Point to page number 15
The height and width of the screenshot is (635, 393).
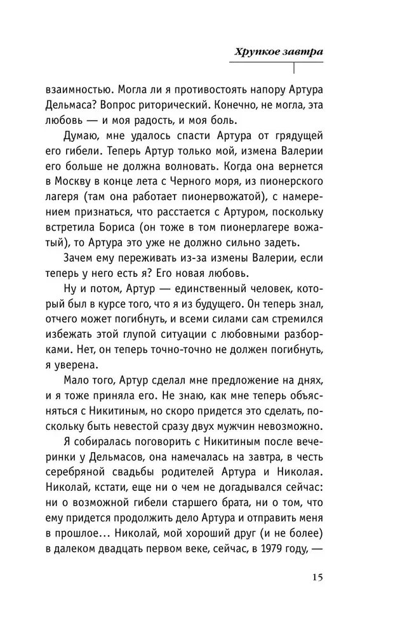coord(317,577)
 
